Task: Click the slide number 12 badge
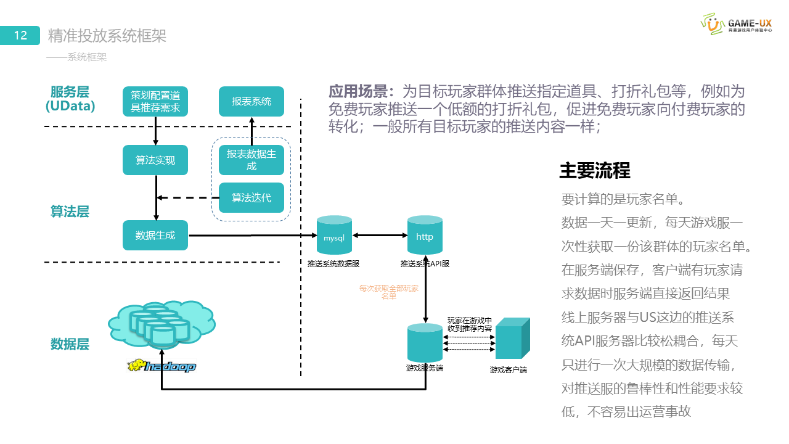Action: [20, 36]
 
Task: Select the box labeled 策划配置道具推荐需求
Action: [155, 102]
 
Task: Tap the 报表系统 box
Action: [251, 102]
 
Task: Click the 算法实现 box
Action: [155, 160]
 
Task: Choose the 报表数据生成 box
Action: [251, 160]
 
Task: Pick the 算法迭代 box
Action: [251, 198]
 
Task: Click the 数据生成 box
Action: [155, 235]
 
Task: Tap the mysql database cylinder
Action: [334, 236]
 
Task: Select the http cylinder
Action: [425, 236]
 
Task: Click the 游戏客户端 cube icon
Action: [512, 339]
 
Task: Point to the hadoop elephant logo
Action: [161, 366]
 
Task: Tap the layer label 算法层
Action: [70, 212]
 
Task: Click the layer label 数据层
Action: [70, 344]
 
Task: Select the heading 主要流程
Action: [594, 171]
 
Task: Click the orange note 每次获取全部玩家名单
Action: [389, 292]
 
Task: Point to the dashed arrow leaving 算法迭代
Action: [188, 198]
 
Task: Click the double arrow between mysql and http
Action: [379, 235]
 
